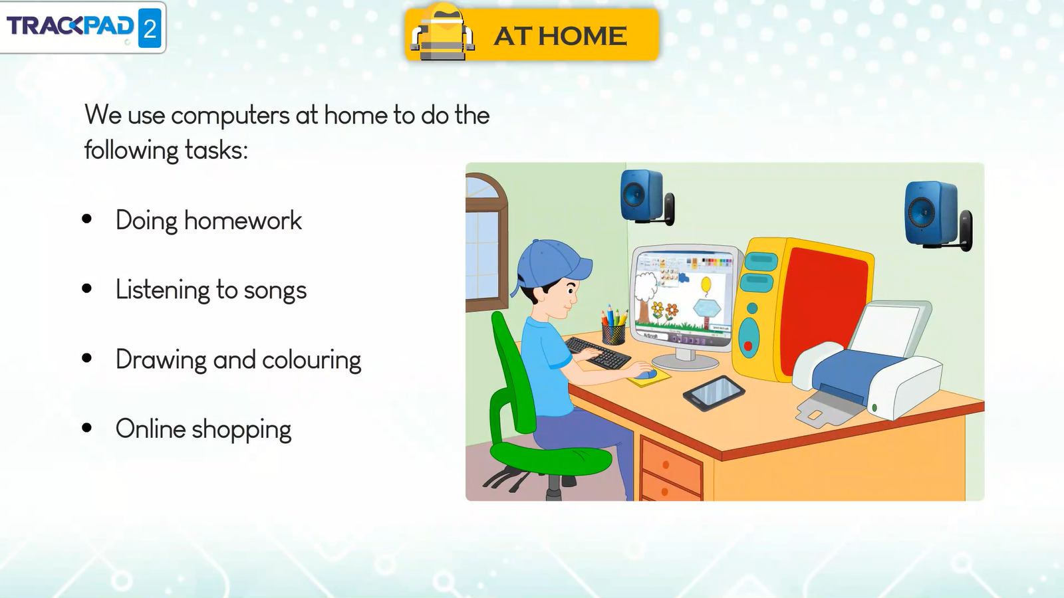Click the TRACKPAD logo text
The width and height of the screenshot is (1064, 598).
point(70,25)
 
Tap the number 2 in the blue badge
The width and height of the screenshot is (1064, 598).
point(150,29)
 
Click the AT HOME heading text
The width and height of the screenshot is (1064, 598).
point(561,36)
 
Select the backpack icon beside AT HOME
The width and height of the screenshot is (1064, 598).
point(442,32)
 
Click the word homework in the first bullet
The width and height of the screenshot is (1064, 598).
point(243,220)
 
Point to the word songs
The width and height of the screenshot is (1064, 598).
point(275,290)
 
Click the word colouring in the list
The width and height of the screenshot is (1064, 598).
point(311,360)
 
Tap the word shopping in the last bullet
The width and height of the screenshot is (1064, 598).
point(241,430)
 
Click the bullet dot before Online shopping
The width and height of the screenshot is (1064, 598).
point(87,428)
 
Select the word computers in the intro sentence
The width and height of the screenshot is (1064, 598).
point(230,116)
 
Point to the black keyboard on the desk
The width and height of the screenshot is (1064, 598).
point(598,353)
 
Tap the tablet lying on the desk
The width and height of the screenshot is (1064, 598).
point(714,393)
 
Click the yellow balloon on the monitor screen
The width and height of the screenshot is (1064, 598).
point(706,284)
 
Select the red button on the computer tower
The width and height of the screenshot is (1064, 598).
point(747,346)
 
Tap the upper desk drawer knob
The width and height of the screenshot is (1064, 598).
point(666,464)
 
